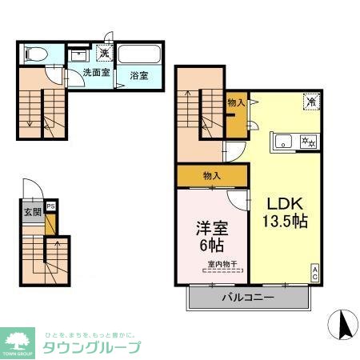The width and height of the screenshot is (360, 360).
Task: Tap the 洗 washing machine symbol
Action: point(104,54)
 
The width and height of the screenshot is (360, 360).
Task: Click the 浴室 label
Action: point(138,76)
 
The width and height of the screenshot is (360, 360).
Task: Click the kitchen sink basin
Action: point(283,142)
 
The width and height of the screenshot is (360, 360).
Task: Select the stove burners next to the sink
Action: point(306,142)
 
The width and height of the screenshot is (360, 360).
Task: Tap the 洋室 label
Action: point(211,228)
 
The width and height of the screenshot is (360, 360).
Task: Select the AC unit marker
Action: point(315,272)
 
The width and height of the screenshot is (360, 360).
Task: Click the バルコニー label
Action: point(248,297)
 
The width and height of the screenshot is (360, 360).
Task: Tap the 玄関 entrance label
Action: point(33,211)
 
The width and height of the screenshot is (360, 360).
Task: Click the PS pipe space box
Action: point(51,206)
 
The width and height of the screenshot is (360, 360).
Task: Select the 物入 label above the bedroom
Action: point(212,174)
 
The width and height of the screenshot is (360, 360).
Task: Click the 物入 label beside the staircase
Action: point(235,102)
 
